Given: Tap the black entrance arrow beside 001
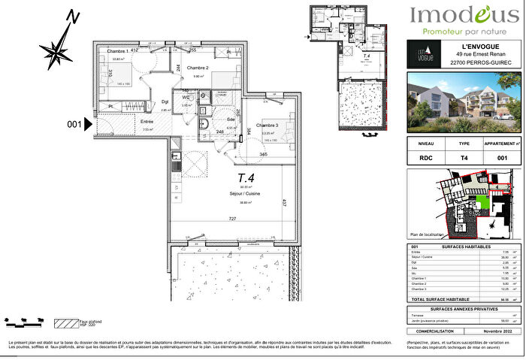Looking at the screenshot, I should coord(88,126).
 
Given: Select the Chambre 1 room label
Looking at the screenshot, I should coord(116,51).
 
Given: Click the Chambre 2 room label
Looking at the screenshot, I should coord(199,67).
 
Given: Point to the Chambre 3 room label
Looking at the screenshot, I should coord(267,125).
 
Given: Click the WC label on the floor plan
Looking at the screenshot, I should coord(186,97).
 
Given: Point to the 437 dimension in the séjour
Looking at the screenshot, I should coord(284,202).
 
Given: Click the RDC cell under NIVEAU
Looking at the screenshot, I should coord(425,159).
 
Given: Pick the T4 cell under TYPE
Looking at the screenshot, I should coord(464,159).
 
